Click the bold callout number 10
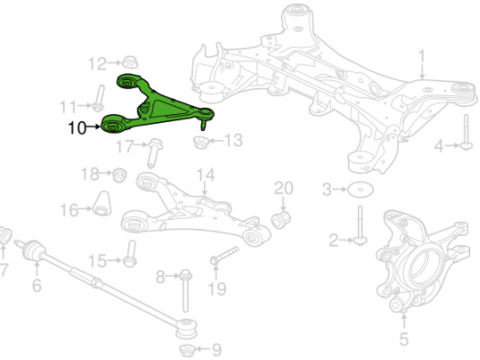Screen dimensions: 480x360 coord(77,127)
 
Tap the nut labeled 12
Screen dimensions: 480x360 coord(130,62)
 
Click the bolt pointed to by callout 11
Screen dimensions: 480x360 coord(99,99)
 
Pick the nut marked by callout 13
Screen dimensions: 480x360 coord(201,143)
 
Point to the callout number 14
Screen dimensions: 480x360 coord(205,175)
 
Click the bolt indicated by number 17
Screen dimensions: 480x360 coord(154,154)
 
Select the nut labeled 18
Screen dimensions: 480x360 coord(119,175)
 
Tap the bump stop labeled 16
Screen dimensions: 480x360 coord(102,204)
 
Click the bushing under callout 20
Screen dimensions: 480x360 coord(281,219)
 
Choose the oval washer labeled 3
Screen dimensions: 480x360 coord(361,190)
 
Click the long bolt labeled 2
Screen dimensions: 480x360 coord(361,225)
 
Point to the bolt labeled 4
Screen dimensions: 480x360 coord(467,132)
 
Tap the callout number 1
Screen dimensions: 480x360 coord(422,57)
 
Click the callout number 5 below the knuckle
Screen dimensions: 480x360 coord(404,339)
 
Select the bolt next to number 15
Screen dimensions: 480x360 coord(130,254)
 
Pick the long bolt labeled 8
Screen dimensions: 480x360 coord(185,291)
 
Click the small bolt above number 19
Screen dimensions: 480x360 coord(224,255)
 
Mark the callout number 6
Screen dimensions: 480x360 coord(37,285)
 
